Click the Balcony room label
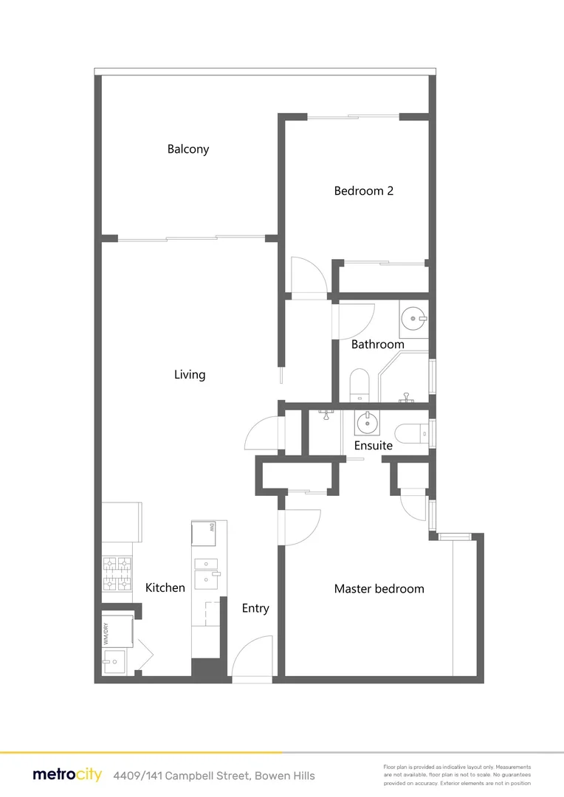click(x=188, y=149)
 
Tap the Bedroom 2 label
click(x=364, y=191)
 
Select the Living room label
click(x=190, y=375)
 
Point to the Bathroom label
click(x=377, y=345)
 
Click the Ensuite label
click(x=373, y=446)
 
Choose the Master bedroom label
click(x=379, y=589)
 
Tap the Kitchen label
click(x=165, y=588)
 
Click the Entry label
click(x=255, y=609)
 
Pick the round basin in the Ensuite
click(x=365, y=423)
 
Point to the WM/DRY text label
click(x=106, y=637)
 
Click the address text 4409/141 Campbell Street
click(x=214, y=776)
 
